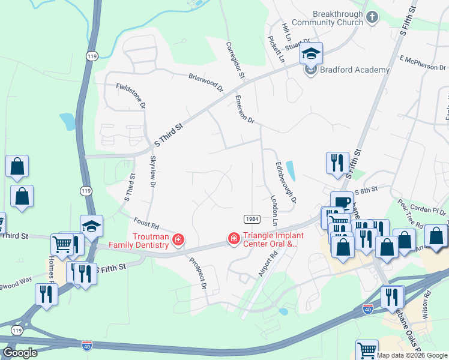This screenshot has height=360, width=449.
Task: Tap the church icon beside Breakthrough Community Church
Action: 372,17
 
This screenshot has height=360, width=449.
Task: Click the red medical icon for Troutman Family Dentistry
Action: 178,241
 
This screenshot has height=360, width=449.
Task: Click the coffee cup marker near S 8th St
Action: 342,203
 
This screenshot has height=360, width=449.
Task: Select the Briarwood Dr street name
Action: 206,83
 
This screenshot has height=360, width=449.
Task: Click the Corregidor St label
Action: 235,60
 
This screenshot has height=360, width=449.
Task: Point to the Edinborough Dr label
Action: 286,181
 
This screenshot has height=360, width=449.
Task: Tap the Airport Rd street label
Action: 268,262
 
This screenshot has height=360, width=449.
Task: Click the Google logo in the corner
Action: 20,353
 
